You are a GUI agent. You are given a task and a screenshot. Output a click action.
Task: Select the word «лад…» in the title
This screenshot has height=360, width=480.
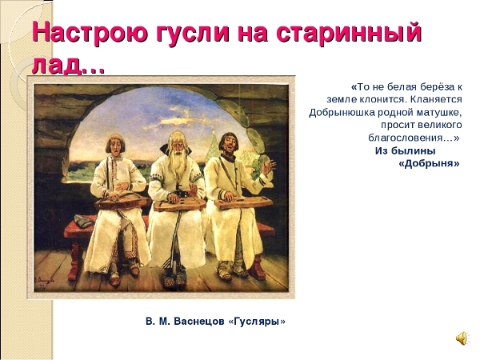(69, 64)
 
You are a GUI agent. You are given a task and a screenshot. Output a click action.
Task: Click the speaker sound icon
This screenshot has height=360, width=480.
(462, 338)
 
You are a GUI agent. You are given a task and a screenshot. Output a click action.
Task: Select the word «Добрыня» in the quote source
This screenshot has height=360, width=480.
(429, 163)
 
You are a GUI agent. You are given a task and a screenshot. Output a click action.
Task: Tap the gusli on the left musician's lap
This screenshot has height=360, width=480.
(122, 201)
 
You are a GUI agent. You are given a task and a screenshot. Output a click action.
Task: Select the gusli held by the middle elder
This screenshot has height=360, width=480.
(179, 204)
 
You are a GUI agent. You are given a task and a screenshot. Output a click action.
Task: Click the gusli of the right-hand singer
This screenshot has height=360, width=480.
(243, 202)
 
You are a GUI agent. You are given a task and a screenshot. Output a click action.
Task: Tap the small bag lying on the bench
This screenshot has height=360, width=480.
(82, 221)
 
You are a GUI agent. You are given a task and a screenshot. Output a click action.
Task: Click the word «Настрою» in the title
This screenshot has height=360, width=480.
(92, 33)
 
